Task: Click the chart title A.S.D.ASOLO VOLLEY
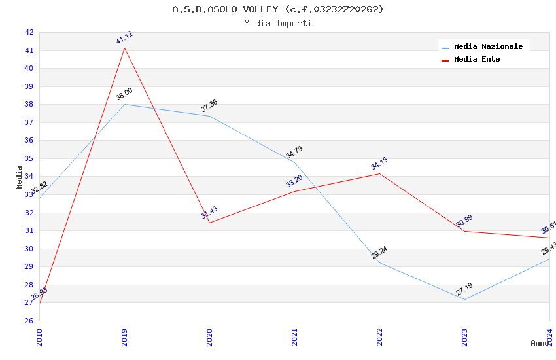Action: coord(277,9)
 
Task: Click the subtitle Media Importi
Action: coord(277,24)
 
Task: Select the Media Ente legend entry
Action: coord(477,60)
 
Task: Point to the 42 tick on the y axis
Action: coord(29,32)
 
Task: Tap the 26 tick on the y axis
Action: coord(29,321)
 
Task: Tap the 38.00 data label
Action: coord(124,94)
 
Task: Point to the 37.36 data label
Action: coord(209,105)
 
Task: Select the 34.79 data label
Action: coord(294,152)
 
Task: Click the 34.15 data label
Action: coord(379,164)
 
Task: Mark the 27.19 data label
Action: coord(464,289)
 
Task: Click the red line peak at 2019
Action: coord(125,48)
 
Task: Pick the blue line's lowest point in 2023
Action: coord(465,299)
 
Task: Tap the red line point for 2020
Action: coord(209,223)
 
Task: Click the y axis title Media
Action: coord(20,177)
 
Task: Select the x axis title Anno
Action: coord(540,343)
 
